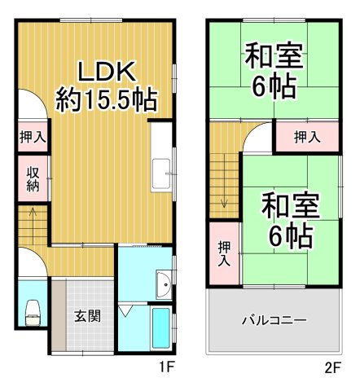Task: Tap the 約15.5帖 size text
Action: pyautogui.click(x=106, y=100)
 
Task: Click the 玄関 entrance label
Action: pyautogui.click(x=88, y=316)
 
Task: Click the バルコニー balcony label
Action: pyautogui.click(x=273, y=320)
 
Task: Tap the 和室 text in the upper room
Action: pyautogui.click(x=274, y=58)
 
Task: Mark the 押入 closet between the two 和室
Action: pyautogui.click(x=305, y=136)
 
